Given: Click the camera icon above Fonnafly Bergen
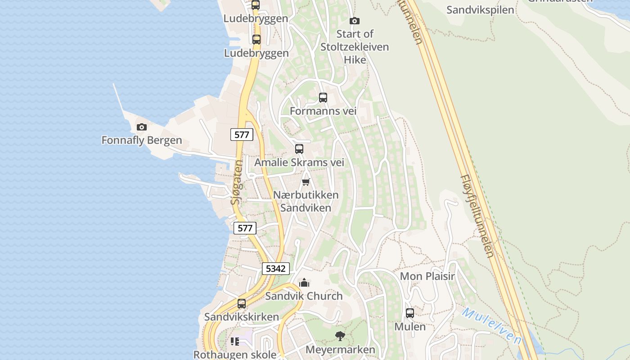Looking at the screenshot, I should click(x=142, y=127).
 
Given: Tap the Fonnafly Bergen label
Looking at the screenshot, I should click(x=142, y=140).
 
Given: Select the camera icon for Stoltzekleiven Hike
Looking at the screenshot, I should click(x=355, y=21).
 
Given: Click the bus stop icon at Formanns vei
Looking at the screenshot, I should click(x=323, y=97).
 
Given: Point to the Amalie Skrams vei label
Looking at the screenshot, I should click(x=299, y=162).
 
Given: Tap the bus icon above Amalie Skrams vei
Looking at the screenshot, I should click(x=299, y=149).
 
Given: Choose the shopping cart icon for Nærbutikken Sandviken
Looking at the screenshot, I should click(x=306, y=182).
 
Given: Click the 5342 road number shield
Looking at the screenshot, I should click(x=275, y=269).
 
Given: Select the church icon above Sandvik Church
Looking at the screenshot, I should click(x=304, y=283).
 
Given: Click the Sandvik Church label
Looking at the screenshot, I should click(x=304, y=296).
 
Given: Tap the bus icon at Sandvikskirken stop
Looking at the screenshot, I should click(x=242, y=304).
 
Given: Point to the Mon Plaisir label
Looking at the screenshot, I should click(x=427, y=276).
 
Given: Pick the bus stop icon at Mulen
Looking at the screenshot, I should click(x=410, y=313).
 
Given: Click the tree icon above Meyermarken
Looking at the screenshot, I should click(x=340, y=336).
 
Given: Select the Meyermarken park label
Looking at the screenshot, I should click(x=340, y=350).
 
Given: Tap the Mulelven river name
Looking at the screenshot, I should click(x=491, y=326).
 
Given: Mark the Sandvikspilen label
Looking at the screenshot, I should click(x=480, y=10).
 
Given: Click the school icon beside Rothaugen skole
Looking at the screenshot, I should click(x=235, y=342).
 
